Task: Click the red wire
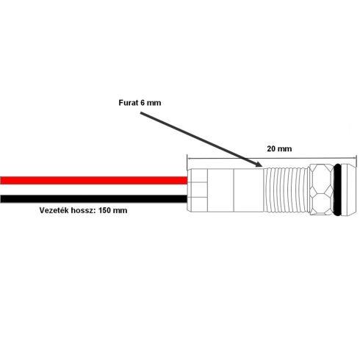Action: [94, 180]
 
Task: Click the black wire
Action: [94, 198]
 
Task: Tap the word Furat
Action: [129, 103]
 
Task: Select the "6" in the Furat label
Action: [143, 103]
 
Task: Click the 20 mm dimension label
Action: [279, 148]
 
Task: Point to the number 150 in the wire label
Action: [105, 210]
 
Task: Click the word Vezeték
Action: [54, 210]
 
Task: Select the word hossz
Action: [83, 210]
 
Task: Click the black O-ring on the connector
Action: [337, 190]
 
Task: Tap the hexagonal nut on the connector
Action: [322, 190]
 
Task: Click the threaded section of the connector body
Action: [286, 190]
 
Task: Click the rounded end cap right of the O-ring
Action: [349, 190]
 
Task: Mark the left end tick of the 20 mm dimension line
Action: [187, 159]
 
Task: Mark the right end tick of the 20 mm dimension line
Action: [356, 159]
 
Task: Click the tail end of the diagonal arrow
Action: [140, 113]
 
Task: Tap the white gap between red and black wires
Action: [94, 190]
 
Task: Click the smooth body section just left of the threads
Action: [248, 190]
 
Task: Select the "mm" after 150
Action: [120, 211]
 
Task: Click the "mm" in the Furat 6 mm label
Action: [154, 103]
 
